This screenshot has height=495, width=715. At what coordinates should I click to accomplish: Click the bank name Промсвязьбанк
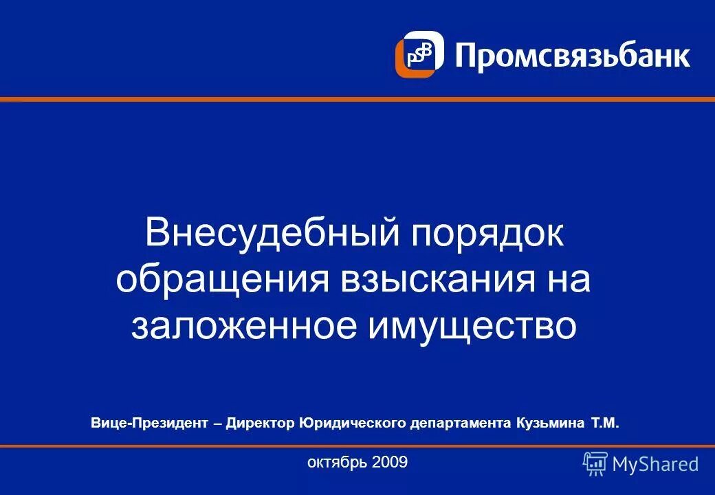point(572,54)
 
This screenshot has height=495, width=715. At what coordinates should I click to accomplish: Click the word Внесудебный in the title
point(272,234)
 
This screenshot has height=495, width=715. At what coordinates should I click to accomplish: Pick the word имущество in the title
point(472,327)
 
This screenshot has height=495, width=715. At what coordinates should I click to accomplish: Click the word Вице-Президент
point(148,422)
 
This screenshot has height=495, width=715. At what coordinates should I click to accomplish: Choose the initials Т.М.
point(606,422)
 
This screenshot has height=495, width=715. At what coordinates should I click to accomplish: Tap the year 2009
point(389,463)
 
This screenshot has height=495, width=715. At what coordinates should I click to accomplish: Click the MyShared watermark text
point(655,465)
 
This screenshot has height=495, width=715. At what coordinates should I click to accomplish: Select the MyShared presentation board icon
point(595,464)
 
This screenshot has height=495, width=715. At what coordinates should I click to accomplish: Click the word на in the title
point(568,280)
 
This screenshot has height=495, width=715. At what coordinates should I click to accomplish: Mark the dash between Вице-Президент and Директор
point(217,423)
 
